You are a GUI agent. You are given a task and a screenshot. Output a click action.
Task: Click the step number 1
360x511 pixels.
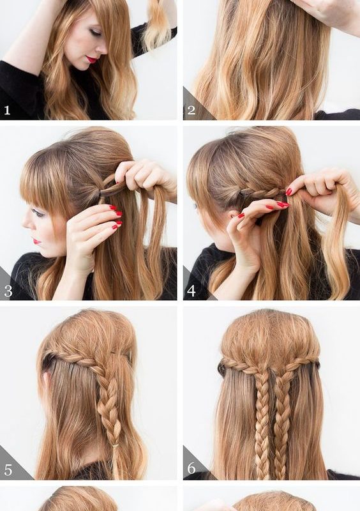(x=7, y=110)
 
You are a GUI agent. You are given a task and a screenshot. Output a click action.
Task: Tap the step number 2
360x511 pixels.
(x=191, y=110)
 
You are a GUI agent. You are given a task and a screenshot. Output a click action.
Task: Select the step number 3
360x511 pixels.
(x=8, y=291)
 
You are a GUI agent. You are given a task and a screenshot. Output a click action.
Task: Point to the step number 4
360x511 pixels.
(x=191, y=291)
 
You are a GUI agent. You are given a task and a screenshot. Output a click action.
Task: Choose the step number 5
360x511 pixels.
(x=8, y=470)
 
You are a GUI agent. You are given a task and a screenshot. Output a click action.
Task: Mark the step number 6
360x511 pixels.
(x=191, y=468)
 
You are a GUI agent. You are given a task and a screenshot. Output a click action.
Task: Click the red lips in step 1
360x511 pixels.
(x=91, y=59)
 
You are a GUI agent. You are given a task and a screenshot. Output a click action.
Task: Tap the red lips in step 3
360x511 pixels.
(x=36, y=241)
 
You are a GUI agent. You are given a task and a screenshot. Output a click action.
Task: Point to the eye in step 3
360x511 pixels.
(x=38, y=213)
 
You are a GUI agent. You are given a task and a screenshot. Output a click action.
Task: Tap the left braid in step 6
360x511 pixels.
(x=262, y=423)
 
